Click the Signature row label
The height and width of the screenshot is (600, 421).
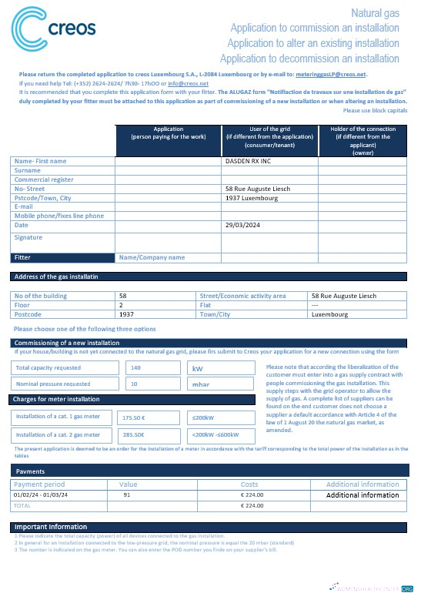tap(28, 238)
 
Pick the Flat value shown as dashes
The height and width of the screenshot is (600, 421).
tap(315, 304)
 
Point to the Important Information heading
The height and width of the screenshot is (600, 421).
tap(51, 527)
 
